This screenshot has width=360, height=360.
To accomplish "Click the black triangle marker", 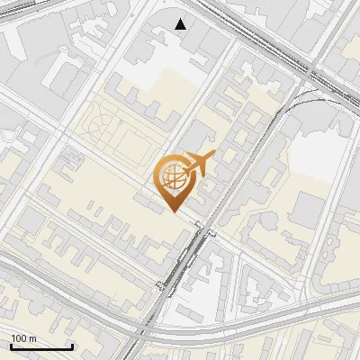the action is (181, 24).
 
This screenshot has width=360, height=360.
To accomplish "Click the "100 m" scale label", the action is (24, 338).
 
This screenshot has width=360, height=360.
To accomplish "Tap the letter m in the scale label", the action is (33, 338).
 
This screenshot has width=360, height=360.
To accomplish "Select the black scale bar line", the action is (41, 346).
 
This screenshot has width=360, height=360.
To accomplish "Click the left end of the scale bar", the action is (11, 346).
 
